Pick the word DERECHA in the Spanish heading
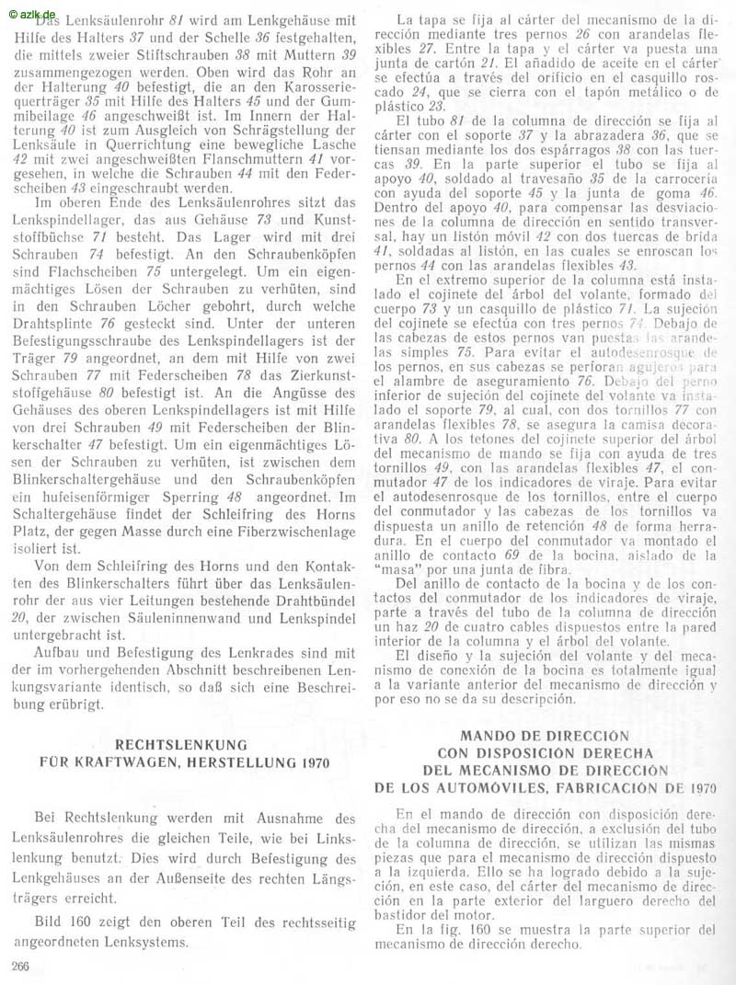click(619, 753)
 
